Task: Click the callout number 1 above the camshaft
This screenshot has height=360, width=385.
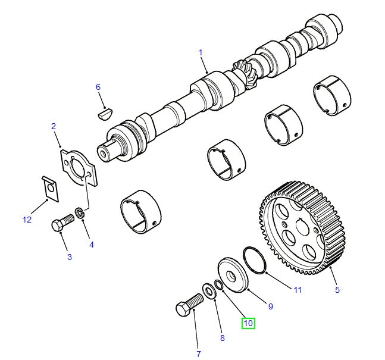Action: coord(201,52)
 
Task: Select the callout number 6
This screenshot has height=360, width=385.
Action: coord(99,87)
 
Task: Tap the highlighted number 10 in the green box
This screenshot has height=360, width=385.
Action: coord(248,323)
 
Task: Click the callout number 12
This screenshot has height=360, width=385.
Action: coord(27,220)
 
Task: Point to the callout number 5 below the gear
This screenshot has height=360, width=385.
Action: coord(337,290)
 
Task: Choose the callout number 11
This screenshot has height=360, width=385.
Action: coord(297,290)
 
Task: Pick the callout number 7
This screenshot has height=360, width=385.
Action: coord(198,354)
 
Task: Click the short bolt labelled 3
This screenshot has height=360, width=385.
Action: coord(61,226)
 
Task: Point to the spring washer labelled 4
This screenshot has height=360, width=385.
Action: coord(79,212)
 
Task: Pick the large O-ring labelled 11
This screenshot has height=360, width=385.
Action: coord(253,260)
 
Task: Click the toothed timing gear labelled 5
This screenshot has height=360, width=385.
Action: coord(302,229)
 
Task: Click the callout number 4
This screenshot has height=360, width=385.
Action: coord(91,244)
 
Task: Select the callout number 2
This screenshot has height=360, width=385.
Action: coord(54,126)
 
